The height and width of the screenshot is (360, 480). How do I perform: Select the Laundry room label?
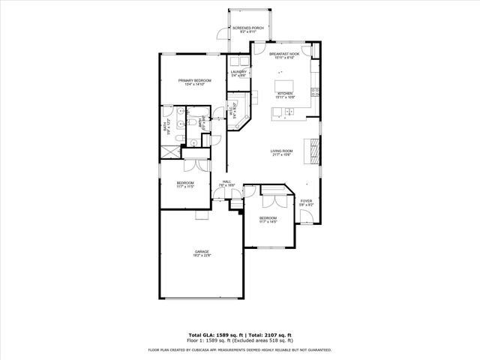click(x=238, y=73)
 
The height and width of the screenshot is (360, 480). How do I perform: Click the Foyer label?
click(x=306, y=202)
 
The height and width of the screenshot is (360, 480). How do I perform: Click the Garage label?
click(x=202, y=253)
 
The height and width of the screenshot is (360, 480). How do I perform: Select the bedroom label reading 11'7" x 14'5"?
click(x=268, y=220)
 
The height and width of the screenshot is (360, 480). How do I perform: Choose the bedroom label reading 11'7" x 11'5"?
click(x=185, y=184)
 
